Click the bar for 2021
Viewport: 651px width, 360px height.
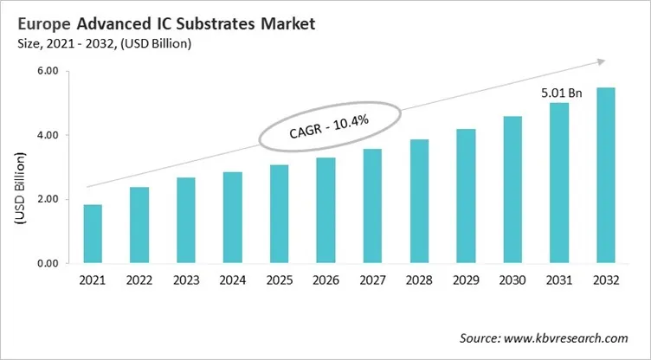click(92, 234)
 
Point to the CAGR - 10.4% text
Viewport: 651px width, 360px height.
click(328, 129)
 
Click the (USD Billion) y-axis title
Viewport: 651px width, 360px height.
click(19, 187)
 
